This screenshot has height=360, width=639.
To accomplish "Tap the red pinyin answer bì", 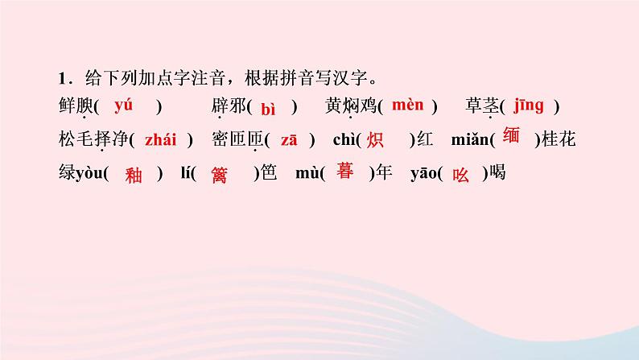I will point(269,109).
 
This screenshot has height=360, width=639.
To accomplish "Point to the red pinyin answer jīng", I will point(528,105).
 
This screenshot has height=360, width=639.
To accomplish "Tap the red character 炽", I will point(374,140).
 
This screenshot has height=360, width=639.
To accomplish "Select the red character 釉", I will point(134,176).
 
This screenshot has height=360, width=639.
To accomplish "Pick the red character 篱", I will point(218,176).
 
